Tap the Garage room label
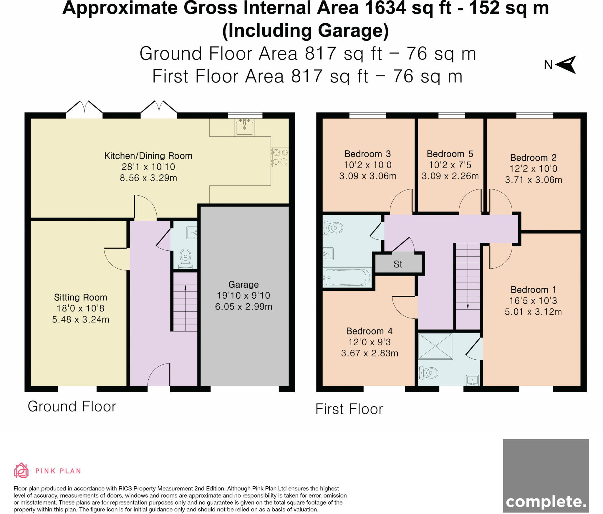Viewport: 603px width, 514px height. click(243, 285)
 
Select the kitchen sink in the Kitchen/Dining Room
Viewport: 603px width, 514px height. click(244, 127)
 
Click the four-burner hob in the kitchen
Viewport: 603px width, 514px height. click(280, 157)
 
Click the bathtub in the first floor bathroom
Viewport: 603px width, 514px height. click(347, 277)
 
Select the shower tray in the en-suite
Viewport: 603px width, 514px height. click(435, 346)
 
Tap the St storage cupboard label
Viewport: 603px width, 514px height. click(398, 264)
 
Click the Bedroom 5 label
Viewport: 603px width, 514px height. click(450, 154)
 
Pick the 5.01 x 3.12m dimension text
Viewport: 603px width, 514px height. click(533, 312)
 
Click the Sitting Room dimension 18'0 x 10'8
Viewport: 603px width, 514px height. click(80, 308)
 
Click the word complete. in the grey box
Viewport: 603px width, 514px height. click(546, 502)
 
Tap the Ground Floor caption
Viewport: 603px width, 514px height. click(72, 406)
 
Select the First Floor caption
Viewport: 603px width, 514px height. click(349, 409)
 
